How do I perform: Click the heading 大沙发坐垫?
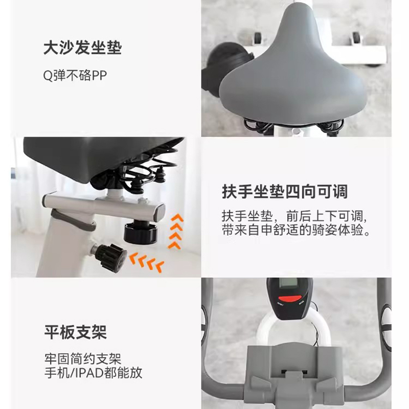82,48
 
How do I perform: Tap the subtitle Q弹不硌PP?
75,76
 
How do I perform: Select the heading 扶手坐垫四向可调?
285,192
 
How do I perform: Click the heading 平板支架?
75,332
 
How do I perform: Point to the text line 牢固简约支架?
83,359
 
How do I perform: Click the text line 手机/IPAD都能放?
93,373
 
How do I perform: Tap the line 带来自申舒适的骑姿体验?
296,230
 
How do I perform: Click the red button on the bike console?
290,299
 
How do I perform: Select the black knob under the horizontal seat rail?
141,232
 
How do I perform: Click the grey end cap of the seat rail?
160,212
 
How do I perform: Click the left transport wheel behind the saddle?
258,37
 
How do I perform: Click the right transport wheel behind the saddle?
356,37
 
